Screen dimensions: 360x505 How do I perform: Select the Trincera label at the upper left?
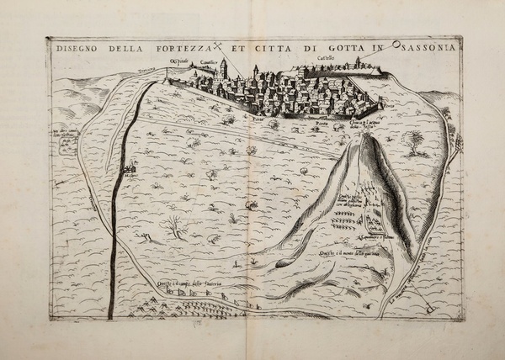(x=149, y=70)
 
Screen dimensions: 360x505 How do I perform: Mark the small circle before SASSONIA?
(x=392, y=46)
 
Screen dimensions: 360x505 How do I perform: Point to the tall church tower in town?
(x=224, y=69)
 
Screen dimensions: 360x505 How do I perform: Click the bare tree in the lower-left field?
(x=175, y=225)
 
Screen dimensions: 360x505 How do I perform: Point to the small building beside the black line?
(x=129, y=170)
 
